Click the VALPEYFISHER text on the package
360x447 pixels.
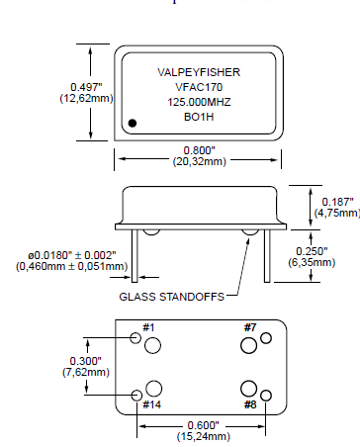tap(198, 72)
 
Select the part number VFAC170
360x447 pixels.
tap(198, 87)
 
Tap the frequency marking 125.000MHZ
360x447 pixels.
tap(198, 102)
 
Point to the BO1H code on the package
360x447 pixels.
tap(198, 117)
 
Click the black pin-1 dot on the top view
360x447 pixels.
tap(134, 123)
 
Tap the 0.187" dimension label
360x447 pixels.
tap(333, 201)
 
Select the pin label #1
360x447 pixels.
tap(149, 327)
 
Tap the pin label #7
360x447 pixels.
tap(250, 327)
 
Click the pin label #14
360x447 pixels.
tap(151, 404)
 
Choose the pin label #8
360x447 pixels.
tap(250, 404)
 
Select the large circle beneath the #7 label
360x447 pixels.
tap(248, 345)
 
